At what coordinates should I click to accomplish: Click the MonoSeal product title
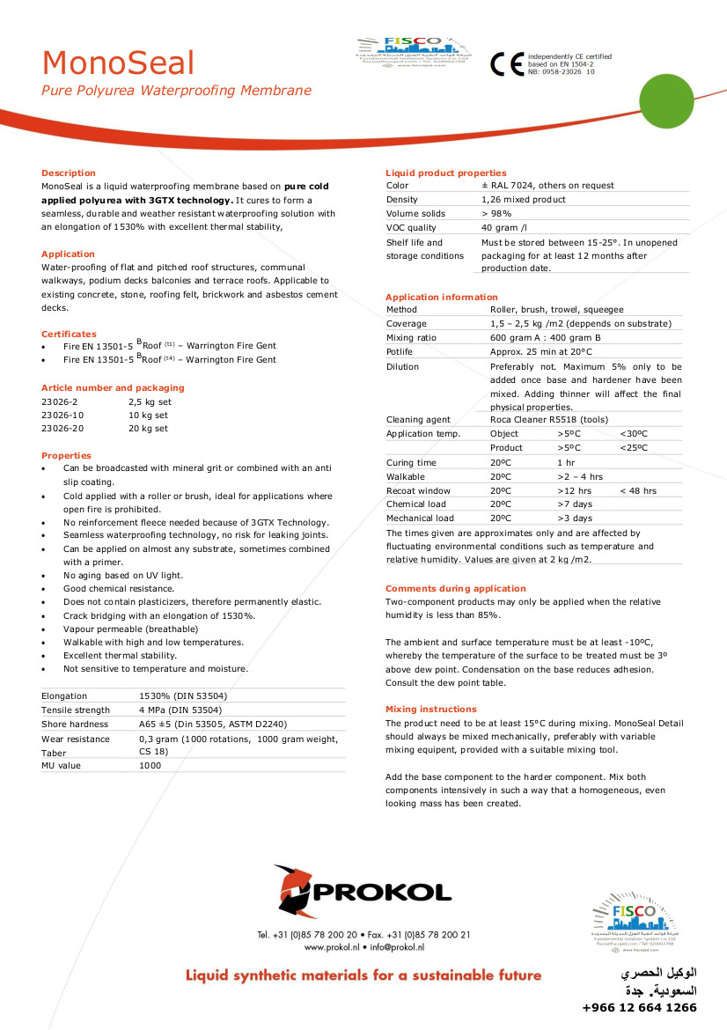[x=118, y=63]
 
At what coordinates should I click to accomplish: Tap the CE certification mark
[x=507, y=63]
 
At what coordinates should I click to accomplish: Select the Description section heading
[x=69, y=173]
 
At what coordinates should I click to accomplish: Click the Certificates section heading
[x=69, y=334]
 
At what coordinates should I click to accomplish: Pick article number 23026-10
[x=62, y=415]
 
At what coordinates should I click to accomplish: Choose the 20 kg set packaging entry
[x=148, y=429]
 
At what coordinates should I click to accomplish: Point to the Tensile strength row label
[x=76, y=710]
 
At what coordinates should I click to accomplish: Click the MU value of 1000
[x=151, y=766]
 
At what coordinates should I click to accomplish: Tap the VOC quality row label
[x=411, y=228]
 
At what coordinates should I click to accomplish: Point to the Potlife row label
[x=400, y=352]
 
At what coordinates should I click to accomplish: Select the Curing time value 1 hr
[x=566, y=462]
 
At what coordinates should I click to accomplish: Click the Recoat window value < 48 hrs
[x=638, y=490]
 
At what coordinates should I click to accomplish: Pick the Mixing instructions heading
[x=431, y=709]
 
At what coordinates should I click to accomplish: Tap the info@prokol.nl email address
[x=397, y=947]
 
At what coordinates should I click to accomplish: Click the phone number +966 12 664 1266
[x=640, y=1008]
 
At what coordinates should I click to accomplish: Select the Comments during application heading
[x=456, y=588]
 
